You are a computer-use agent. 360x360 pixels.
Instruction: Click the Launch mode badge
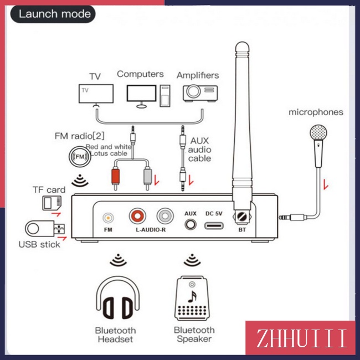[x=53, y=14]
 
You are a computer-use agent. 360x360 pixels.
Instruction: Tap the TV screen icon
[x=96, y=95]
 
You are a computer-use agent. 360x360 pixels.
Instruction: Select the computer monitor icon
[x=141, y=96]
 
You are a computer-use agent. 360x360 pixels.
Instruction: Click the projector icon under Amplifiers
[x=200, y=93]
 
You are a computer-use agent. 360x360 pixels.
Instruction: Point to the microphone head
[x=318, y=132]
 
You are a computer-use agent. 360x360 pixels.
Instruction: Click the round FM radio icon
[x=80, y=157]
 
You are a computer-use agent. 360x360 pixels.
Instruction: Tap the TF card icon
[x=52, y=203]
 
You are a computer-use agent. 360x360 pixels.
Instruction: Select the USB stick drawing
[x=45, y=229]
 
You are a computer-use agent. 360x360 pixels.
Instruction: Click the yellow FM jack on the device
[x=108, y=218]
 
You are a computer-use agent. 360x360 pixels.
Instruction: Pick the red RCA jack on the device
[x=137, y=216]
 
